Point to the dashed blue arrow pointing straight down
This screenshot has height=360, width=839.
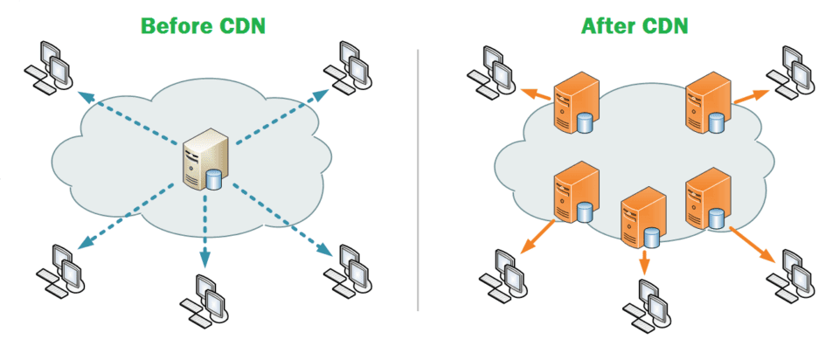coord(205,232)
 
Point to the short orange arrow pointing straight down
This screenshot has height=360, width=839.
coord(645,261)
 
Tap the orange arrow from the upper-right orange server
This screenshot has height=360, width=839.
coord(747,97)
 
